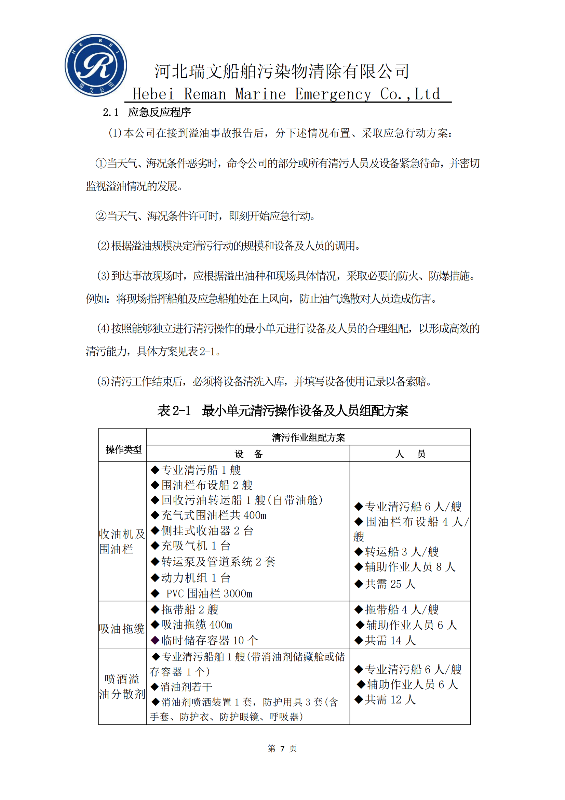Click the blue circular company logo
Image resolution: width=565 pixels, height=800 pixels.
coord(96,65)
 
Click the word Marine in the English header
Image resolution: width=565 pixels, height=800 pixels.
coord(260,94)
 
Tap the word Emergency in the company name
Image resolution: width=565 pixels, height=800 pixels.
coord(333,94)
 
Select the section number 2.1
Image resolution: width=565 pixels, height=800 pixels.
coord(110,112)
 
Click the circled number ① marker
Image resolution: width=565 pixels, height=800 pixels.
coord(100,163)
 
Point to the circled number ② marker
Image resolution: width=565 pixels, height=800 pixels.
coord(100,216)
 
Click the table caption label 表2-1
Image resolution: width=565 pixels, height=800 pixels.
coord(174,410)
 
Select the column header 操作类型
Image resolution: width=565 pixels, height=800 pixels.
coord(123,449)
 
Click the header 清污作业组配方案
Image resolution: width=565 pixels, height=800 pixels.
coord(308,437)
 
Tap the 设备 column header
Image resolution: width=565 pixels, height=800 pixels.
coord(248,454)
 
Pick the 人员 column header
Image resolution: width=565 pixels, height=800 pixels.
coord(410,454)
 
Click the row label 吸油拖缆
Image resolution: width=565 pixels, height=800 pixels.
coord(122,629)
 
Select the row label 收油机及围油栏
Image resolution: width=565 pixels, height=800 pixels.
coord(122,541)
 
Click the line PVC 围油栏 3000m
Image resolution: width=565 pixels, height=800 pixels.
coord(209,593)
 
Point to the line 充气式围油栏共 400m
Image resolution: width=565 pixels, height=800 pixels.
coord(213,515)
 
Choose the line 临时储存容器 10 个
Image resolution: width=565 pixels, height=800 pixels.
coord(209,640)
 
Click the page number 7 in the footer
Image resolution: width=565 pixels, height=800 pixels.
coord(282,748)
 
